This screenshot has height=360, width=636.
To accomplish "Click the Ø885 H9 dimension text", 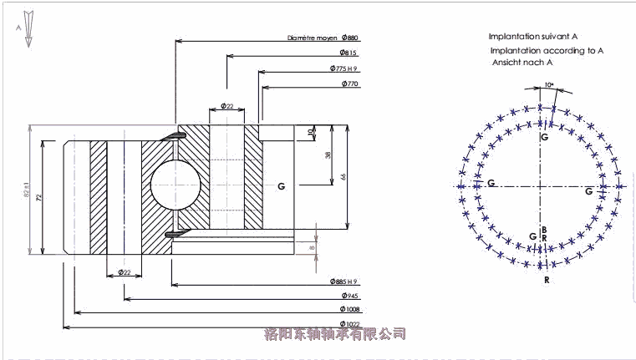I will coord(343,281).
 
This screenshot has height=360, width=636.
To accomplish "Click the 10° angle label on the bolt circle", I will coord(549,85).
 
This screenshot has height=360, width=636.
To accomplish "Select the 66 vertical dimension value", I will coord(343,176).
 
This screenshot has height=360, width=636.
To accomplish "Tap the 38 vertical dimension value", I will coord(328,155).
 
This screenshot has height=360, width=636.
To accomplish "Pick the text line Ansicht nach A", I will coord(522,63).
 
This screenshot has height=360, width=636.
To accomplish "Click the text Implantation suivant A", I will coord(533,37).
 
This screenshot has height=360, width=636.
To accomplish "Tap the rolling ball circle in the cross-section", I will coord(174,184).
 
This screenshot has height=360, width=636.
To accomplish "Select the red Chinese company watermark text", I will coord(334,334).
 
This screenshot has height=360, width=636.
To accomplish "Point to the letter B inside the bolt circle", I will coord(544,229).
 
